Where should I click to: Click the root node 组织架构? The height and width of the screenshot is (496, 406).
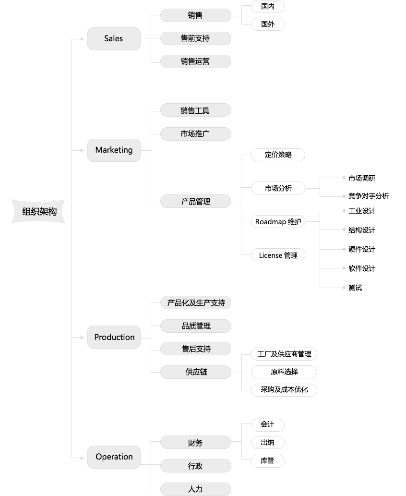pyautogui.click(x=38, y=211)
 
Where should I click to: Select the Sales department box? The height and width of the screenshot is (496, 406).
pyautogui.click(x=114, y=38)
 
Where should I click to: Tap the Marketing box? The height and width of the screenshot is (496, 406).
pyautogui.click(x=114, y=150)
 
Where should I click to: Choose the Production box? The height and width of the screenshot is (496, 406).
pyautogui.click(x=114, y=337)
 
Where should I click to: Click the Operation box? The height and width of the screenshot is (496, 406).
pyautogui.click(x=114, y=457)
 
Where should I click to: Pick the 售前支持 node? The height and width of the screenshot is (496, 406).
pyautogui.click(x=196, y=38)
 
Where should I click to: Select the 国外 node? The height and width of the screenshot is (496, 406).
pyautogui.click(x=268, y=24)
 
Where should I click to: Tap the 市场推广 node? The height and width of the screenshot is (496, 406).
pyautogui.click(x=196, y=134)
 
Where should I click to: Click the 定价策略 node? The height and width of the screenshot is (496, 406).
pyautogui.click(x=278, y=155)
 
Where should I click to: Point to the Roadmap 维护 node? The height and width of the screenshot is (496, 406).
pyautogui.click(x=278, y=221)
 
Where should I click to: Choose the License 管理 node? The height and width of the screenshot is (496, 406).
pyautogui.click(x=278, y=255)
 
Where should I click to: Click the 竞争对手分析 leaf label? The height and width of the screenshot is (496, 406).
pyautogui.click(x=369, y=196)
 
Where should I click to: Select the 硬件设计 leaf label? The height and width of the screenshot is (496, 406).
pyautogui.click(x=362, y=249)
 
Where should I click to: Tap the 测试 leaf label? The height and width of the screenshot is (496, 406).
pyautogui.click(x=355, y=288)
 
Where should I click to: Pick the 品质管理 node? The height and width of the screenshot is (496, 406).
pyautogui.click(x=196, y=326)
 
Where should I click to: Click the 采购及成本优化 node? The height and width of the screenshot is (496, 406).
pyautogui.click(x=284, y=390)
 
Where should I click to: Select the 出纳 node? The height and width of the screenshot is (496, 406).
pyautogui.click(x=268, y=442)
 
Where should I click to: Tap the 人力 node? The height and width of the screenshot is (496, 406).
pyautogui.click(x=196, y=489)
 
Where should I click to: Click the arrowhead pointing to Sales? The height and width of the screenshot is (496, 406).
pyautogui.click(x=82, y=39)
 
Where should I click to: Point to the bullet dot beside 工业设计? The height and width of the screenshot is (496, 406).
pyautogui.click(x=344, y=211)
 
